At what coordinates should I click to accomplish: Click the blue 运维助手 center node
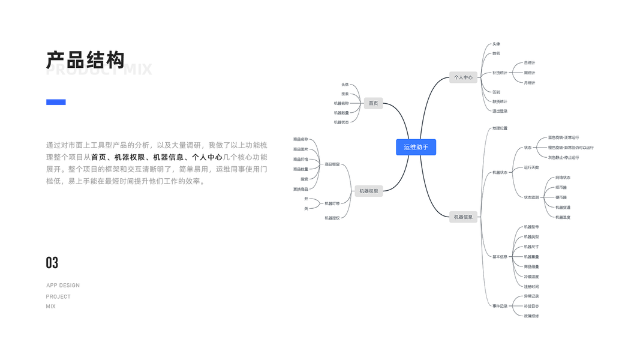click(x=416, y=147)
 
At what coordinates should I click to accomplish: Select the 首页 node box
click(x=373, y=103)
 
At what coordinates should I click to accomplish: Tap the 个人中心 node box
click(x=463, y=77)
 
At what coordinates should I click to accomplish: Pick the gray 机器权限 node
click(x=369, y=191)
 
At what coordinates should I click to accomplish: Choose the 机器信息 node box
click(x=463, y=217)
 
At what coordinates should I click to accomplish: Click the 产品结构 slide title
click(x=86, y=60)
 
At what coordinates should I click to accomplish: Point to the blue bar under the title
click(x=56, y=102)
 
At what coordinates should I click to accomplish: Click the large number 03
click(x=52, y=263)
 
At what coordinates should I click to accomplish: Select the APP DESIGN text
click(x=63, y=286)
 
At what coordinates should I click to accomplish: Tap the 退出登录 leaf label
click(x=500, y=111)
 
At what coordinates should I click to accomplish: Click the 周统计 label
click(x=530, y=73)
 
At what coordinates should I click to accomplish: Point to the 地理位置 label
click(x=500, y=128)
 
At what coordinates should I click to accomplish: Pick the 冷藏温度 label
click(x=531, y=277)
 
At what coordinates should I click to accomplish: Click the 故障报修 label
click(x=531, y=316)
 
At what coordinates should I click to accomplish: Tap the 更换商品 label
click(x=301, y=189)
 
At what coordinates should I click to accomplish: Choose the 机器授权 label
click(x=332, y=218)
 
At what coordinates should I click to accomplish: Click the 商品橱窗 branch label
click(x=332, y=164)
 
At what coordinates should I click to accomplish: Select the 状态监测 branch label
click(x=531, y=197)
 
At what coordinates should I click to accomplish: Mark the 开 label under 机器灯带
click(x=306, y=199)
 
